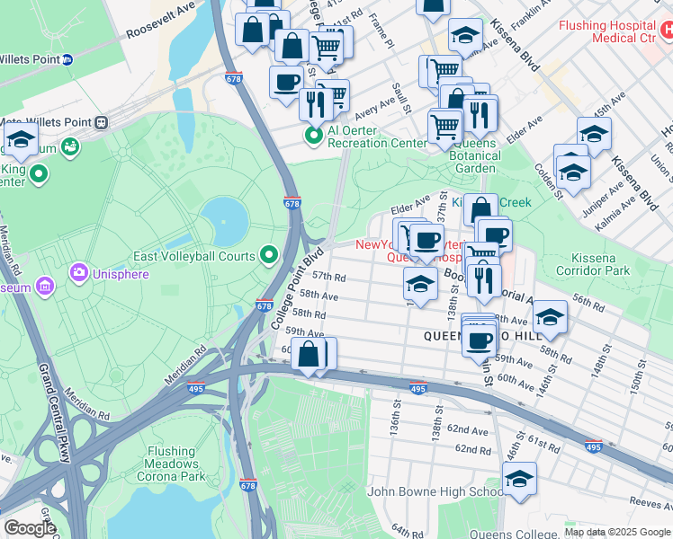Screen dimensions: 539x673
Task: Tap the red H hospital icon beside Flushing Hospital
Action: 665,31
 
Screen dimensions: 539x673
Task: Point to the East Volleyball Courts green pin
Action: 269,256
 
